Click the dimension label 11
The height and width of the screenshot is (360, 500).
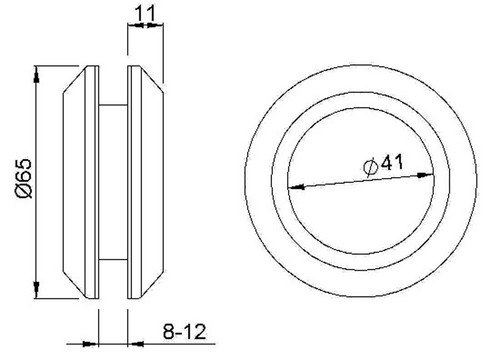tap(145, 13)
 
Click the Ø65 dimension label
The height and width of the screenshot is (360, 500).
tap(23, 179)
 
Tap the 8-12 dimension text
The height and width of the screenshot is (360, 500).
tap(184, 332)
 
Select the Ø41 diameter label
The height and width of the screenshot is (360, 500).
tap(383, 164)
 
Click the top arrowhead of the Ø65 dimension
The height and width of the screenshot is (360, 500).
tap(37, 74)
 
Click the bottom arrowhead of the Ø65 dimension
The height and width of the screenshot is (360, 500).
tap(36, 289)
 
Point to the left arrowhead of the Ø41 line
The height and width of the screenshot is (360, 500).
tap(296, 187)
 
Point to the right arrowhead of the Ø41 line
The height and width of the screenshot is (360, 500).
tap(426, 175)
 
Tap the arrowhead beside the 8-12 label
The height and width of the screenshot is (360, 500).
tap(136, 343)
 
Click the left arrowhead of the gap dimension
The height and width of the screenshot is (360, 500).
tap(91, 343)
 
